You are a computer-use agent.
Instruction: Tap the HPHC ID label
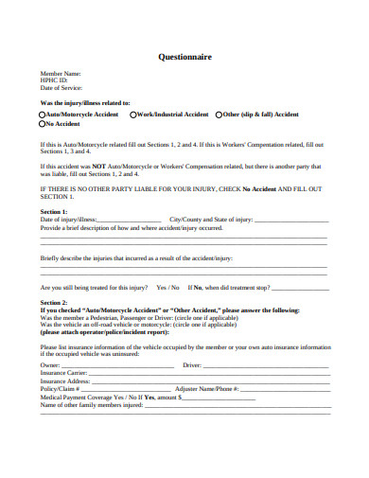(53, 80)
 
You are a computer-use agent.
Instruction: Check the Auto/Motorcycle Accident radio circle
(43, 114)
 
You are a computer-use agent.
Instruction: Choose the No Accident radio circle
(43, 123)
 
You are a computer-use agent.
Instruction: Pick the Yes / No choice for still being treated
(167, 287)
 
